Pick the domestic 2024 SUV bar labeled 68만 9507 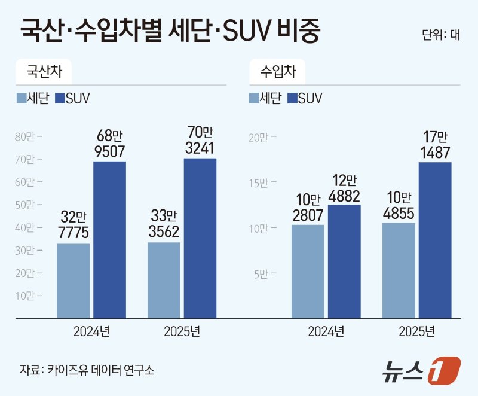point(109,239)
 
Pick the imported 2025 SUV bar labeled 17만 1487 point(434,239)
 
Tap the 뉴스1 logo point(421,370)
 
